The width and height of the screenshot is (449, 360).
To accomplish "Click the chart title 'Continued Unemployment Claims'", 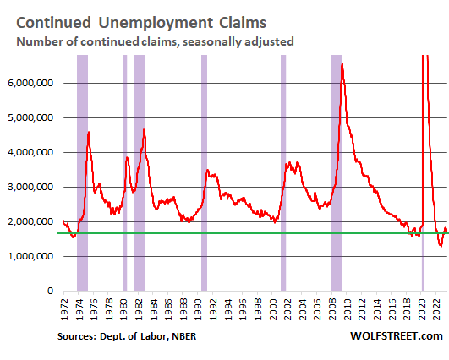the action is pos(141,23).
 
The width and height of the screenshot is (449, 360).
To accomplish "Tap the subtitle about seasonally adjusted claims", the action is pos(155,41).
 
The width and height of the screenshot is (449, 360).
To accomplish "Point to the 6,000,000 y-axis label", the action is pos(30,83).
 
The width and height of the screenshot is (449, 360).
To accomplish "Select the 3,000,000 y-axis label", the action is pos(30,187).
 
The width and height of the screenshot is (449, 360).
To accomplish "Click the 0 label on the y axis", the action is pos(51,291).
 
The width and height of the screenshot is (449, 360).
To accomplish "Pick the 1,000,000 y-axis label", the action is pos(30,256).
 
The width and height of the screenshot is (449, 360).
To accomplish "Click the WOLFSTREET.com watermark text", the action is pos(397,336).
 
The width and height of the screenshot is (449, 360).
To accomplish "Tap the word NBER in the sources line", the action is pos(184,336).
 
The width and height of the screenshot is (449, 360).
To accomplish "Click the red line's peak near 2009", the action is pos(342,64).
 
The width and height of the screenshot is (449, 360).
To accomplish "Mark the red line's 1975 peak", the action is pos(89,132).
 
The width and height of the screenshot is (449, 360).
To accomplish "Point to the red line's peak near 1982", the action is pos(144,129).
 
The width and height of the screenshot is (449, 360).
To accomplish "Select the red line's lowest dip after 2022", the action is pos(441,246).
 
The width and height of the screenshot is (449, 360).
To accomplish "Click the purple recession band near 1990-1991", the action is pos(204,173).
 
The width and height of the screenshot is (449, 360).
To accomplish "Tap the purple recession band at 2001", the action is pos(283,173).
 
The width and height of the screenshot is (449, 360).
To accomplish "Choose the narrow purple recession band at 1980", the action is pos(125,173).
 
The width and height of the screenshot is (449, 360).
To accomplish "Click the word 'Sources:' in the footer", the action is pos(77,336).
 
